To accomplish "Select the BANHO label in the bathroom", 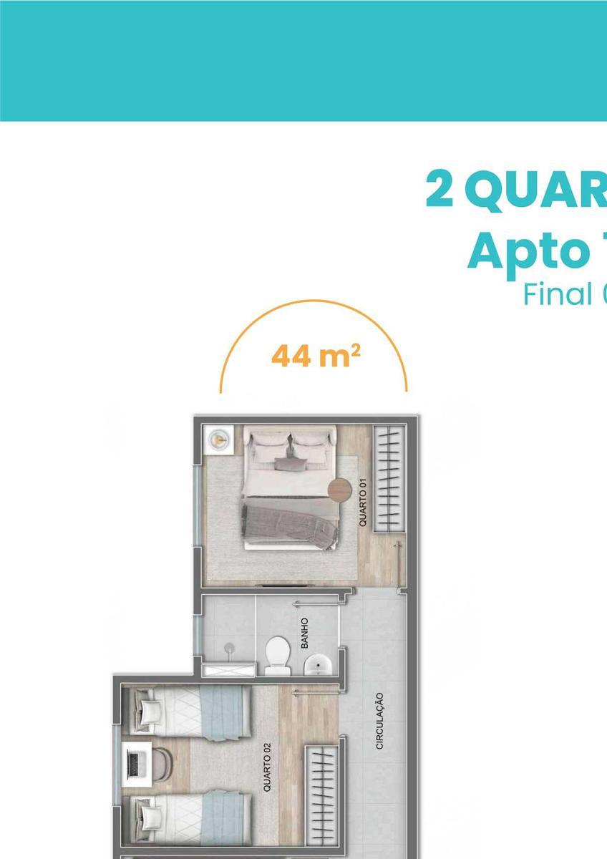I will click(304, 633).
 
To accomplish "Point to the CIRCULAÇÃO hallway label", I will click(380, 721).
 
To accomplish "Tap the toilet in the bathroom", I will click(277, 654).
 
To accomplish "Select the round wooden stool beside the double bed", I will click(340, 490).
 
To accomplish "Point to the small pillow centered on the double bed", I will click(290, 463).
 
